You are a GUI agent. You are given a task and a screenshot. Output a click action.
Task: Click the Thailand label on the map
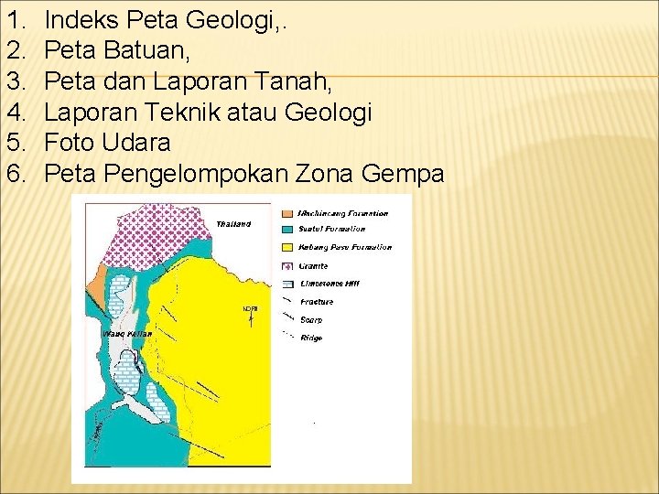click(x=233, y=223)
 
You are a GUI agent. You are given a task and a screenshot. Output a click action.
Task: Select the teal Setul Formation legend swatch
click(x=288, y=230)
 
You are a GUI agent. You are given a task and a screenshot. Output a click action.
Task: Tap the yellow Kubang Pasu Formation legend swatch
click(x=288, y=247)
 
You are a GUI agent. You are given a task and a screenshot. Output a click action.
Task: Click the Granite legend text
click(x=314, y=266)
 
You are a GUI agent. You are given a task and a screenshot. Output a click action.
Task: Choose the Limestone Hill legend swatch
click(x=288, y=284)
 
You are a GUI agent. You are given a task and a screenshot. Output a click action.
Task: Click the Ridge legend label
click(x=311, y=338)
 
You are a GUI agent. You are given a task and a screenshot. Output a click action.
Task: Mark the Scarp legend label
click(x=311, y=320)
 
